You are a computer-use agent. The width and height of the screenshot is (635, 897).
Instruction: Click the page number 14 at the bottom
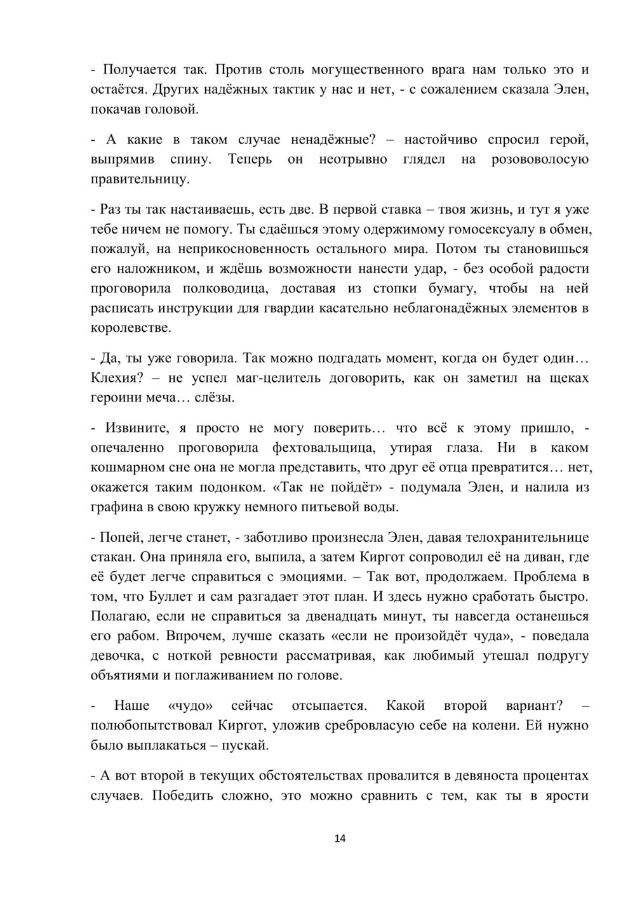(340, 839)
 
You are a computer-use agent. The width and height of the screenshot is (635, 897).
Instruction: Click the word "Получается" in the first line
(138, 69)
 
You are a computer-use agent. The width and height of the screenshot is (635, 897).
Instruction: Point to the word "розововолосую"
(540, 159)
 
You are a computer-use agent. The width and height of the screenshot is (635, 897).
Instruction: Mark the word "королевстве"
(131, 328)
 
